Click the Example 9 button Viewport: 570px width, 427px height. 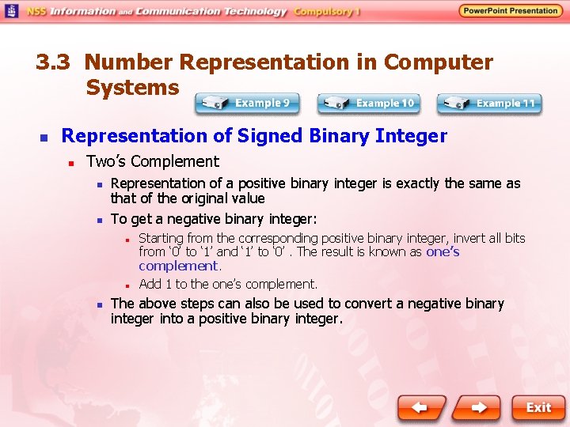pos(248,103)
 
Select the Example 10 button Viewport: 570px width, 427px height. pos(368,103)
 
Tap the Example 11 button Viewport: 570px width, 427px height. pos(489,103)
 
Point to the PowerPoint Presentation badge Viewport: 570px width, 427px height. pos(511,11)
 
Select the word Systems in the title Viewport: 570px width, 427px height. pos(132,88)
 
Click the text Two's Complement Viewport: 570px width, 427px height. pos(152,161)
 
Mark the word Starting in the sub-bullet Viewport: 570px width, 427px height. pos(161,238)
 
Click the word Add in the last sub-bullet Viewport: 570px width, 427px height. pos(149,284)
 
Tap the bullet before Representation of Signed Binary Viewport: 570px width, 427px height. pos(44,138)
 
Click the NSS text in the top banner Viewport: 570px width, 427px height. pos(37,12)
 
